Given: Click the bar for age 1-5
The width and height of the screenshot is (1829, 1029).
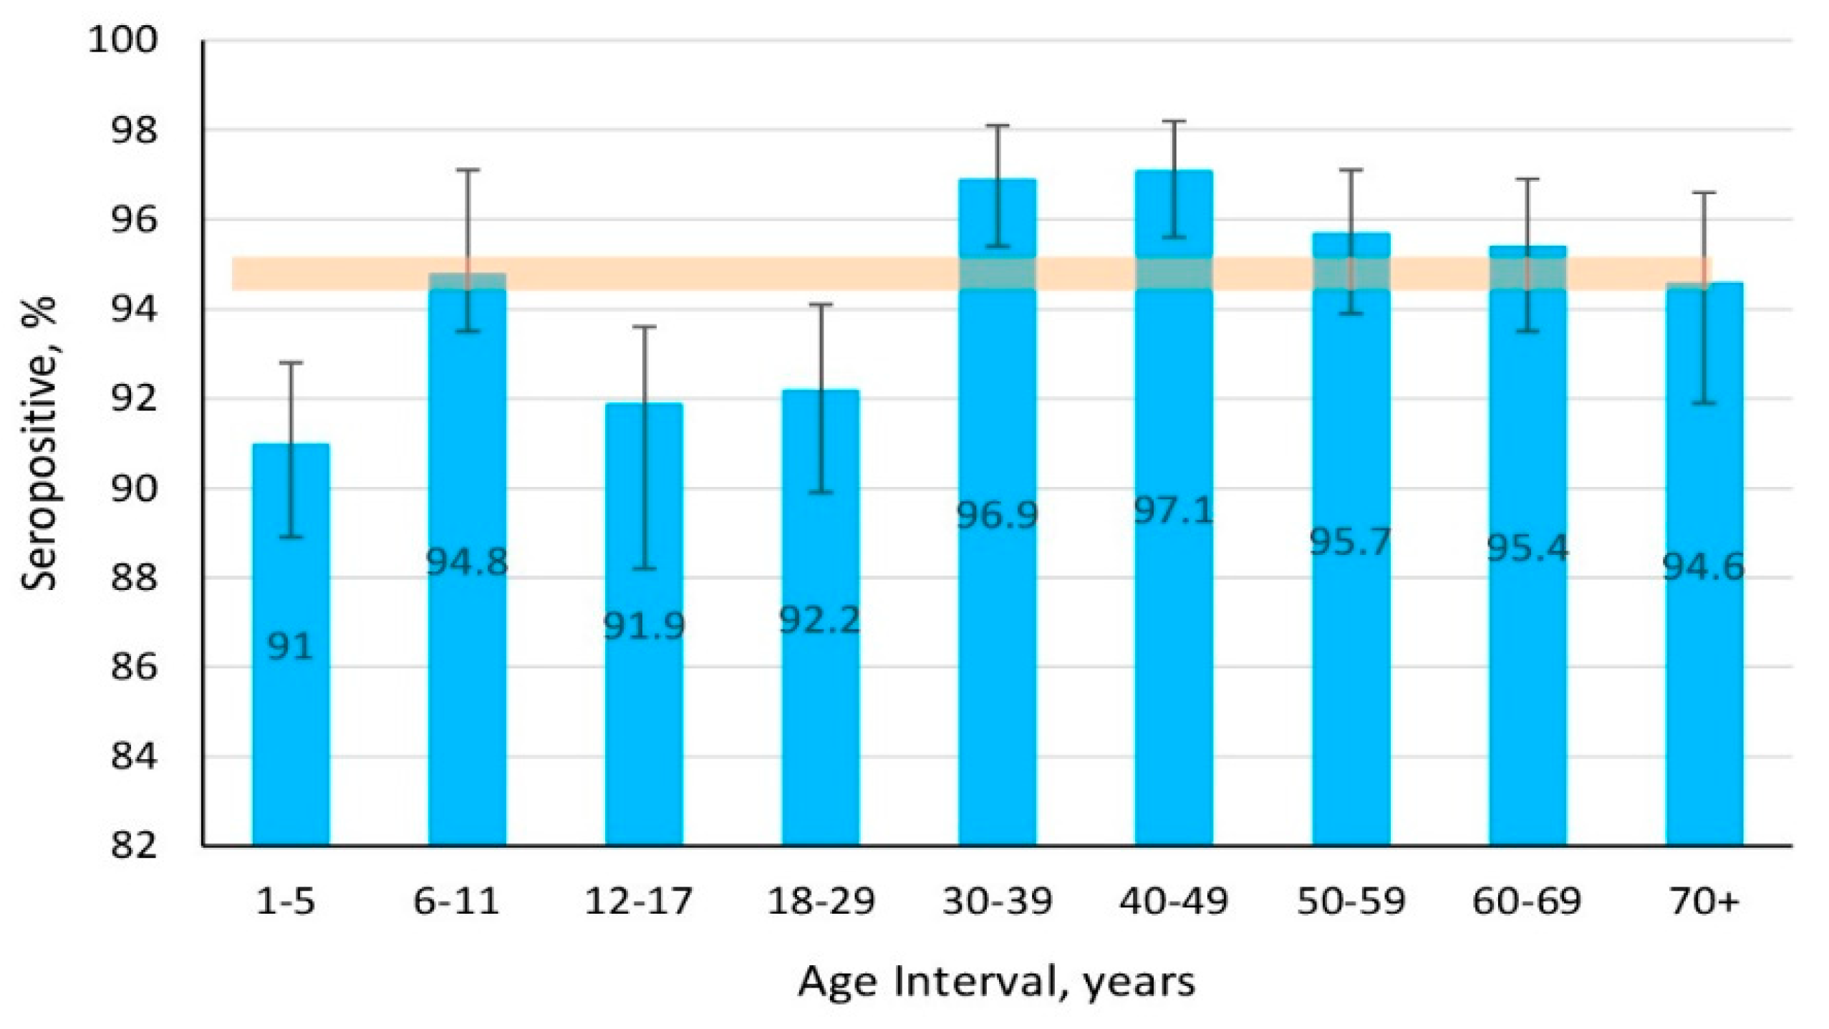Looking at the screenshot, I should tap(291, 716).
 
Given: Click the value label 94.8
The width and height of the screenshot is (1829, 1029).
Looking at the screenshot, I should tap(467, 562).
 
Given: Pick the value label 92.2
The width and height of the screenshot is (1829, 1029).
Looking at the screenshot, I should tap(819, 620).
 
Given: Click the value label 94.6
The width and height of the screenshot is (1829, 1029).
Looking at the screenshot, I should tap(1703, 568).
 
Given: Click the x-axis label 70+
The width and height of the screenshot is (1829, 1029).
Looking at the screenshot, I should tap(1704, 902).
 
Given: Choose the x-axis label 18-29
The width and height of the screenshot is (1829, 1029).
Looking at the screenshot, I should tap(821, 902).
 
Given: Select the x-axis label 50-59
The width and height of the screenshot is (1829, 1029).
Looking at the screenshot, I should tap(1351, 902).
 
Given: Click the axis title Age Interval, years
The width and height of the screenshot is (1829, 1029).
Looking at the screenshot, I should tap(996, 982).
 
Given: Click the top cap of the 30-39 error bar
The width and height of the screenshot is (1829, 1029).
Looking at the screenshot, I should tap(998, 125).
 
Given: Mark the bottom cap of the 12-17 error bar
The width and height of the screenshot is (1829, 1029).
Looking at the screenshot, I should tap(644, 569).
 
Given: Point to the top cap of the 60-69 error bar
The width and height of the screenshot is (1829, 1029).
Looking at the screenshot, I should tap(1527, 179).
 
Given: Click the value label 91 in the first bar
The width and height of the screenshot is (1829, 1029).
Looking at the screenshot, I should tap(290, 647).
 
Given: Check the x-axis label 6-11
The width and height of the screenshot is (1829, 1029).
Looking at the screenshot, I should tap(456, 902).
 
